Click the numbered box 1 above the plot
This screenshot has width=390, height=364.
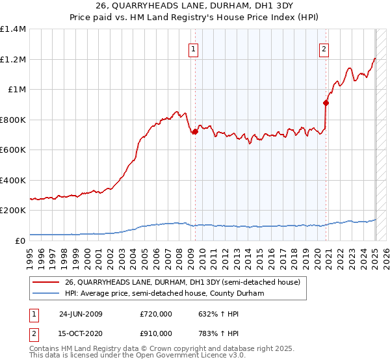(194, 47)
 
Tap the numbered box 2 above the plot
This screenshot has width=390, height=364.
(324, 47)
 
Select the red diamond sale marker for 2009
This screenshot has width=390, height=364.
(194, 132)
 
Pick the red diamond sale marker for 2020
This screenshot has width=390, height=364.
(326, 102)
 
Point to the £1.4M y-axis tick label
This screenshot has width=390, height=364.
(13, 29)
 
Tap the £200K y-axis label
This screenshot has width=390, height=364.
(13, 211)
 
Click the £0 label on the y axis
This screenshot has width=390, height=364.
(21, 240)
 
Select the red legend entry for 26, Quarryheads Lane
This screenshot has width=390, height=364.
(182, 282)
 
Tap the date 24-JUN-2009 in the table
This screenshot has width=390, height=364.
(81, 314)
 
